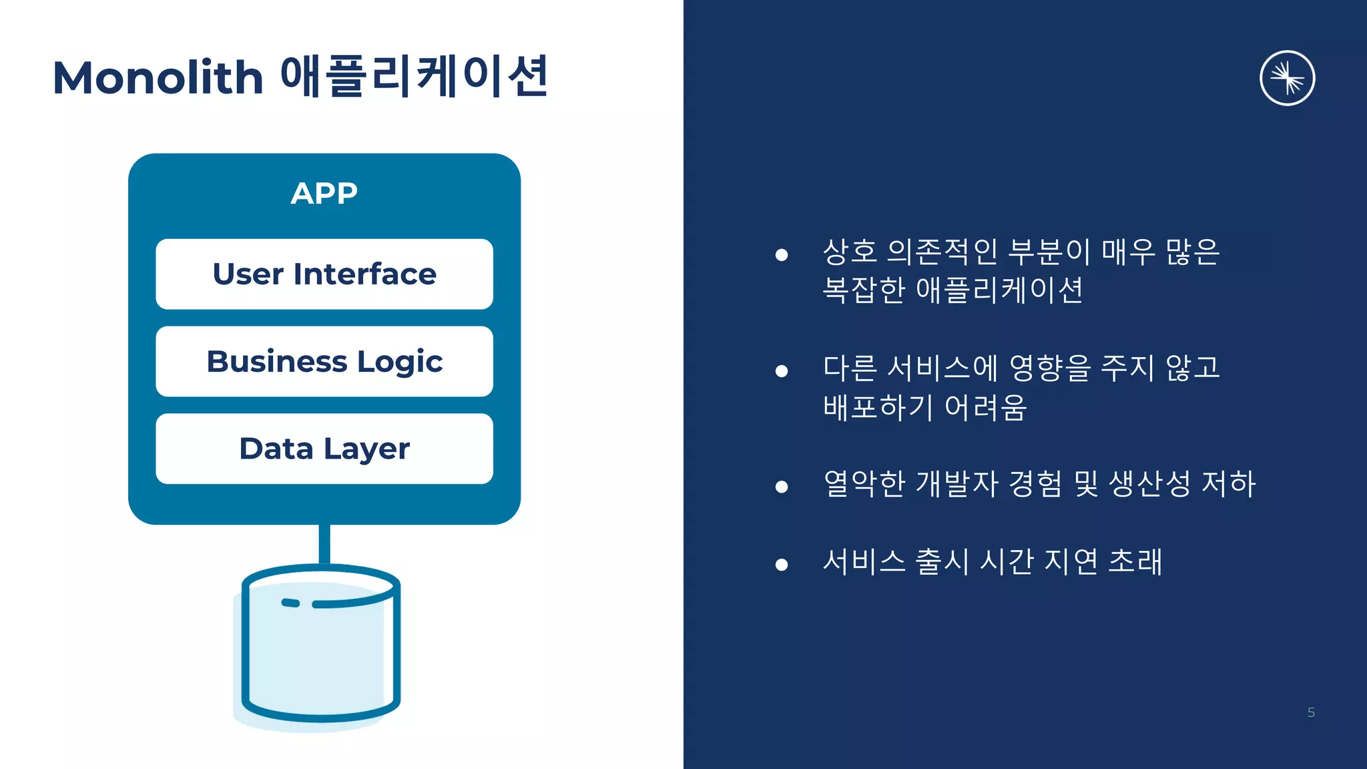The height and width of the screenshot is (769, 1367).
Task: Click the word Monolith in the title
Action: (x=158, y=77)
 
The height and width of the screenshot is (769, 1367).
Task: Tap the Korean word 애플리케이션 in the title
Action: (x=414, y=76)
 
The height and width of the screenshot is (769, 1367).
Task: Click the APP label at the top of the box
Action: (x=324, y=194)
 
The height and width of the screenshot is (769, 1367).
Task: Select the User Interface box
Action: (x=324, y=274)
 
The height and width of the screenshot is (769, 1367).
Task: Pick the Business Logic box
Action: (x=324, y=361)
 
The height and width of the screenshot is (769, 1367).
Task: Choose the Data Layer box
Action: (x=324, y=449)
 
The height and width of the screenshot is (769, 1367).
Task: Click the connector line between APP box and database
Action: (x=324, y=543)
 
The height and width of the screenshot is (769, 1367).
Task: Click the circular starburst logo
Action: (x=1287, y=78)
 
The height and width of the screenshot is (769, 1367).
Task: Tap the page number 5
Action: (x=1311, y=712)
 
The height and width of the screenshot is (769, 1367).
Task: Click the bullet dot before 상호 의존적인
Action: (x=782, y=254)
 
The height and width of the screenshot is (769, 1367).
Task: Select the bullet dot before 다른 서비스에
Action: (x=782, y=370)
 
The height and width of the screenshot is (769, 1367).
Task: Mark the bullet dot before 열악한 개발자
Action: (x=782, y=487)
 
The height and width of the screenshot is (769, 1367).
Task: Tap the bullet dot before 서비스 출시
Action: (x=782, y=565)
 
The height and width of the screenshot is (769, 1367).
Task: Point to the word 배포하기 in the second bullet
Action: (x=878, y=407)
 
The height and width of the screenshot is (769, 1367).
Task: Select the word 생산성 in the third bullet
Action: (x=1149, y=483)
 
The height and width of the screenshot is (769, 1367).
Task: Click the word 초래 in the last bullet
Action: (x=1135, y=561)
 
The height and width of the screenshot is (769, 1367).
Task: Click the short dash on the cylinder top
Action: (x=290, y=603)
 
